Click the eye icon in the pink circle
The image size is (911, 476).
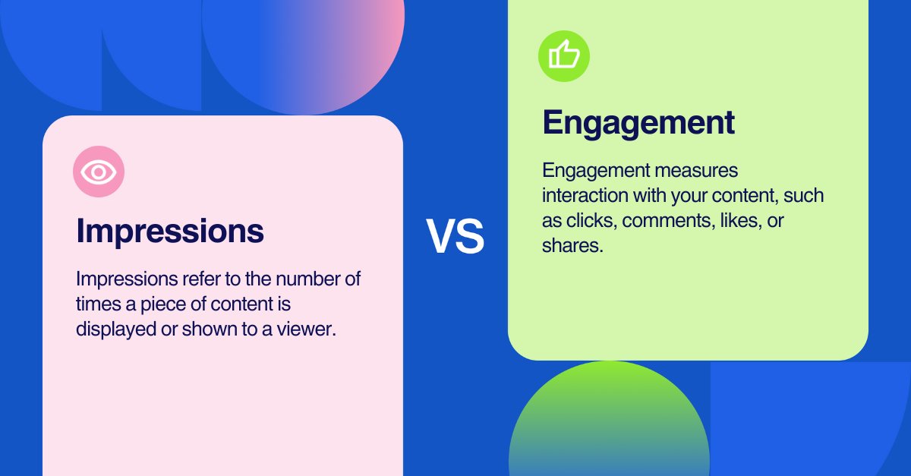click(x=99, y=172)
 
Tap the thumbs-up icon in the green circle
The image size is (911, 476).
click(x=564, y=55)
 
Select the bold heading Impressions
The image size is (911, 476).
click(x=170, y=231)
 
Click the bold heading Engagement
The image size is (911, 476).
click(x=638, y=122)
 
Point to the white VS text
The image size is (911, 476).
click(x=455, y=236)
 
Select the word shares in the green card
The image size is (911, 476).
click(x=571, y=246)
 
